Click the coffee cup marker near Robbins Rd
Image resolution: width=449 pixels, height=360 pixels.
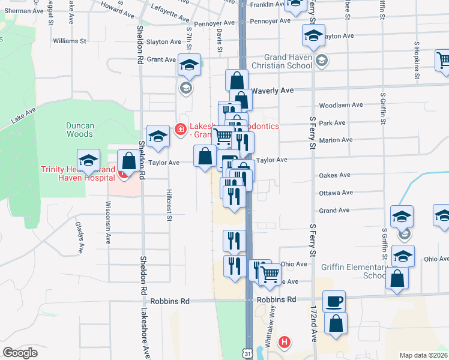pyautogui.click(x=334, y=301)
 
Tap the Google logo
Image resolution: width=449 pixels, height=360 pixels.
pyautogui.click(x=20, y=352)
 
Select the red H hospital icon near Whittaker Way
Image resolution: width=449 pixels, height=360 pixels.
pyautogui.click(x=285, y=343)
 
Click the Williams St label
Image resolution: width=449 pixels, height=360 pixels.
pyautogui.click(x=70, y=41)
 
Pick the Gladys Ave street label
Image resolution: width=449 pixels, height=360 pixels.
pyautogui.click(x=79, y=236)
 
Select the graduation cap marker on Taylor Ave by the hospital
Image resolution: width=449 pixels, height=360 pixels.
pyautogui.click(x=89, y=160)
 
